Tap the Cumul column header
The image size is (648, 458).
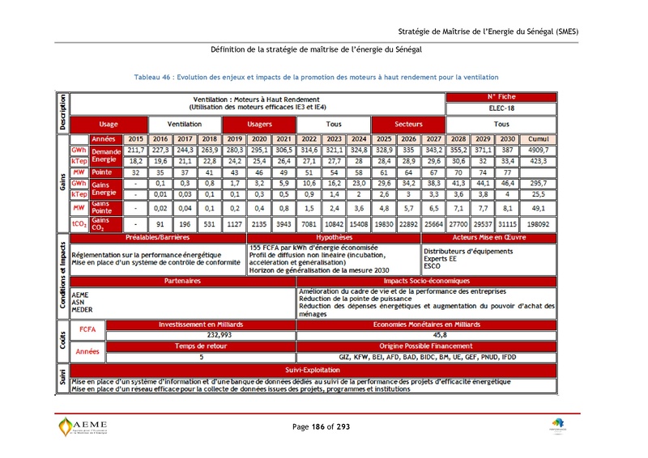tap(539, 139)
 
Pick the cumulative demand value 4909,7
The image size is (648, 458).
tap(539, 151)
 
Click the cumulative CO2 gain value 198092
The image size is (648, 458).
tap(539, 224)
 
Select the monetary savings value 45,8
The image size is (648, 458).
tap(440, 333)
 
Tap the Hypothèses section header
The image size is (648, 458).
tap(334, 238)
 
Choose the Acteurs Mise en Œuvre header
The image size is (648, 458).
tap(488, 238)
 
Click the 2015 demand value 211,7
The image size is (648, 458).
tap(136, 151)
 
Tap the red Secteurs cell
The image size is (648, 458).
tap(407, 125)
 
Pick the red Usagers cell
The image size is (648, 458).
tap(259, 125)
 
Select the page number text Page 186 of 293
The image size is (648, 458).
tap(322, 426)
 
